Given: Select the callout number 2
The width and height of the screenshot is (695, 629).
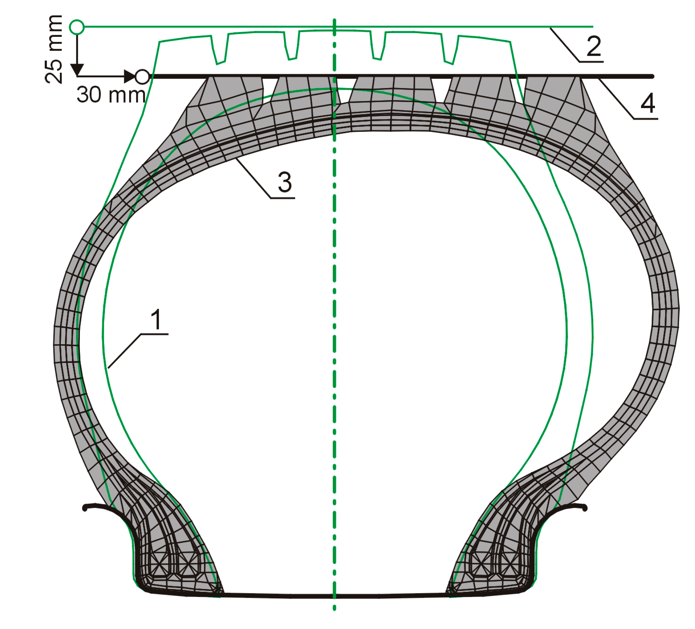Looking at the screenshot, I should (x=594, y=46).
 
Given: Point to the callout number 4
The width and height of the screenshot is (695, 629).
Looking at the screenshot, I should (x=648, y=103).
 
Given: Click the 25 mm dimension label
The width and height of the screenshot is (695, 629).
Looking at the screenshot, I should (x=54, y=49).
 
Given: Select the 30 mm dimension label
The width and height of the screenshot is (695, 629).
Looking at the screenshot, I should (x=111, y=95).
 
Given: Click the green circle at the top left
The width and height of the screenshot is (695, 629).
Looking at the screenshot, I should (x=77, y=27).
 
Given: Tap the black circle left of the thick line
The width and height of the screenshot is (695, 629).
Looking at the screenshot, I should (x=142, y=76).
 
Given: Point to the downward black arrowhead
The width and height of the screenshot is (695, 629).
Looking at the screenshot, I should (x=77, y=70).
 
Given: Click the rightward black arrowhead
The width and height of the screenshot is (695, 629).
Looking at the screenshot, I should (x=130, y=76).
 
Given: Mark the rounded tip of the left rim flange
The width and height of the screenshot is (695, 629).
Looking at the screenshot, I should (x=85, y=508).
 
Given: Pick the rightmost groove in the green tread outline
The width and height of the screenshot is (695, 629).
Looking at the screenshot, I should (x=450, y=52).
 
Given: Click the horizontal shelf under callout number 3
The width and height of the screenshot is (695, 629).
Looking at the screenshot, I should (x=283, y=198).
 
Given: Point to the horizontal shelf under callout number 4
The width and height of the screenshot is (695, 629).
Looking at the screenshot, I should (x=646, y=119).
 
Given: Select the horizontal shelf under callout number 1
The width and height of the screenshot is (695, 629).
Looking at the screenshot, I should (x=154, y=334).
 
